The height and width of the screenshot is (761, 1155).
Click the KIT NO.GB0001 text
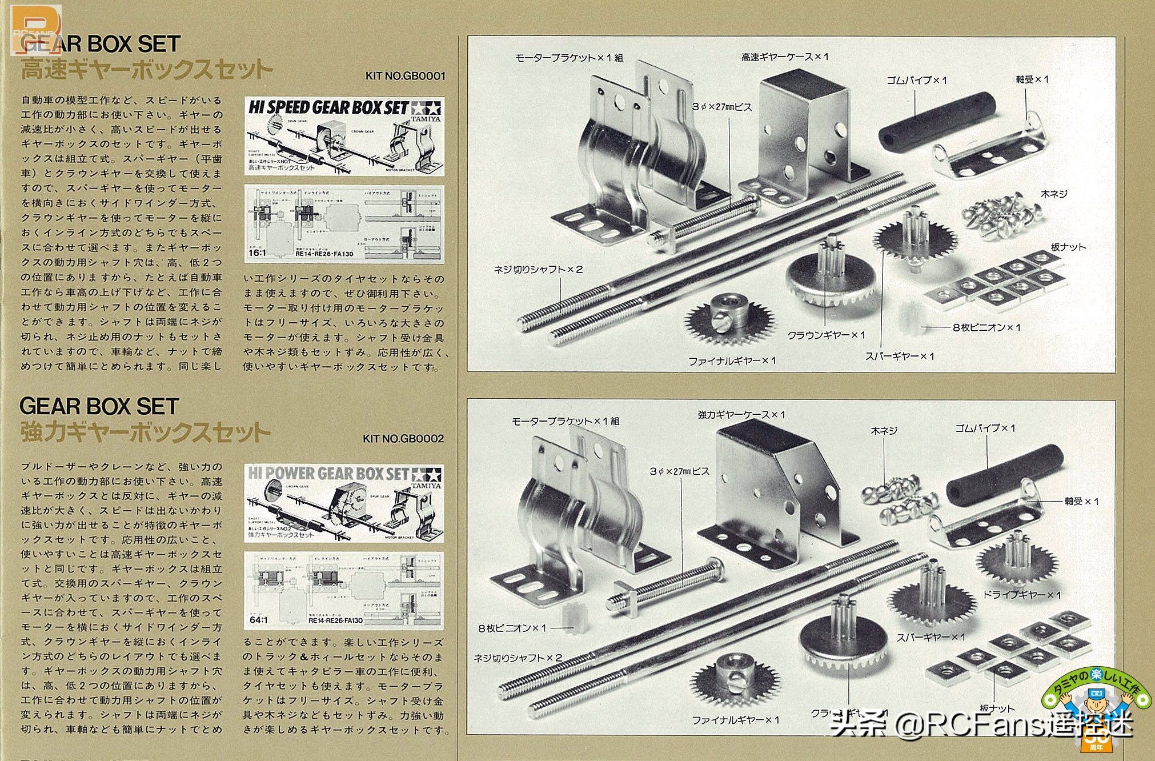[405, 76]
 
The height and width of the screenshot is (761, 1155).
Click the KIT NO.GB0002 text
[403, 439]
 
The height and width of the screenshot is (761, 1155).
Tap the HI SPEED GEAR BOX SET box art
[344, 137]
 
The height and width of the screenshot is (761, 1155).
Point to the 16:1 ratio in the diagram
[257, 253]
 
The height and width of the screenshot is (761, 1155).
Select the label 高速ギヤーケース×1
[784, 57]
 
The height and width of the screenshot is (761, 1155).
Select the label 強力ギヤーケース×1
[741, 415]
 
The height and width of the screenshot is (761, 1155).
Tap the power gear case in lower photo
[771, 491]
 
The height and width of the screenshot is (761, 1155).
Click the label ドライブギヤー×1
[1021, 595]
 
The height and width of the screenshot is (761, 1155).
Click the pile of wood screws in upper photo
[1003, 215]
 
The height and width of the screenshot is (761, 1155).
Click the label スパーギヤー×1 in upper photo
[900, 356]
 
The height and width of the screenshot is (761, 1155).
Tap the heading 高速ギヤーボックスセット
[146, 70]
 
